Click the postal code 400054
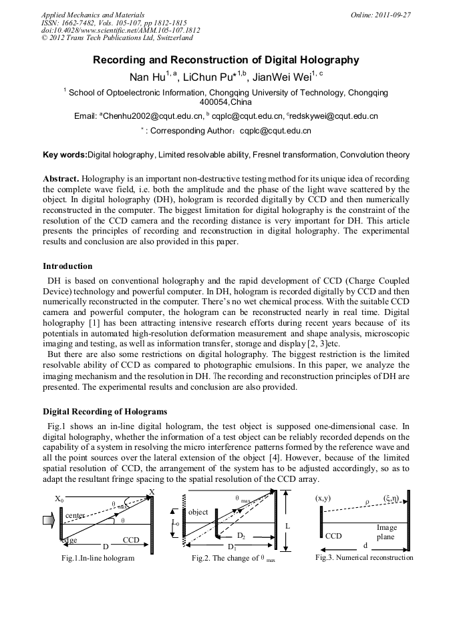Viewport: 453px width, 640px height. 214,102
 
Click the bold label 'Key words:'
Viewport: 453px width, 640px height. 65,155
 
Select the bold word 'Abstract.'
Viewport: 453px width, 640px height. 61,180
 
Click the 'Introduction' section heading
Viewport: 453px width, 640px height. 67,266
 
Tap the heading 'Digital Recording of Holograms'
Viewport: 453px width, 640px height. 105,411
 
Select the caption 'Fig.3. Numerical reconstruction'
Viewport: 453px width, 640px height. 364,557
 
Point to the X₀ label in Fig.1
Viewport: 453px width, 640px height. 59,499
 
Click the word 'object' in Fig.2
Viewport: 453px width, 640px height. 198,512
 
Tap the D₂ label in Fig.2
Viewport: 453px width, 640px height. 243,535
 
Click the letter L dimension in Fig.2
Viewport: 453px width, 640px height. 287,526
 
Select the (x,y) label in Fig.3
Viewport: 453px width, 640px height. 323,498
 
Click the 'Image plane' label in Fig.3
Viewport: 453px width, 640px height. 386,532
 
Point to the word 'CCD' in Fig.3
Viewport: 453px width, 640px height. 333,535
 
